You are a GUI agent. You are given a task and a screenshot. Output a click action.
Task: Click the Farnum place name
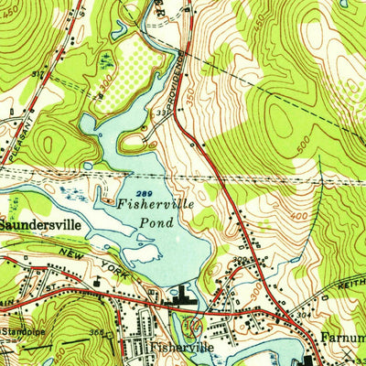[342, 337]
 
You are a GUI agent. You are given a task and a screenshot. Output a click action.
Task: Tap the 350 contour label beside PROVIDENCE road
[189, 94]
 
